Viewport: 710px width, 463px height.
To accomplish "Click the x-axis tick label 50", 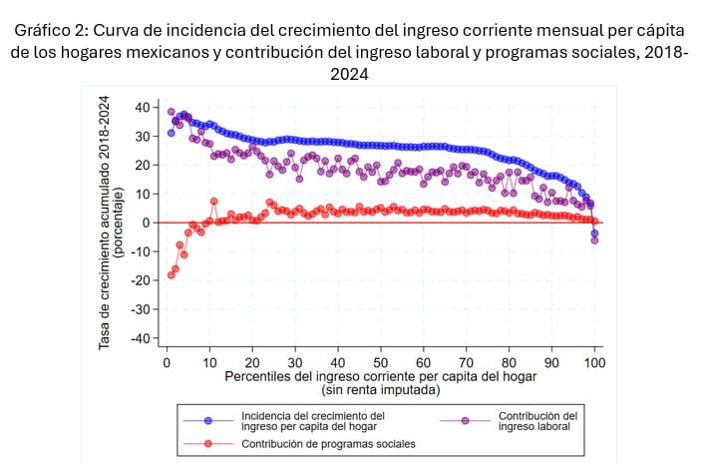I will [x=381, y=362].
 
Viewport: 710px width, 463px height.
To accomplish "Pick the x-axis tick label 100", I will [x=595, y=362].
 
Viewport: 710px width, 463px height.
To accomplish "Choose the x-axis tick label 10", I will [x=209, y=362].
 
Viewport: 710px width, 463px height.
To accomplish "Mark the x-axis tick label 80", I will [x=510, y=362].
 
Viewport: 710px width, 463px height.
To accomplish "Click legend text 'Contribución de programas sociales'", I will [x=329, y=443].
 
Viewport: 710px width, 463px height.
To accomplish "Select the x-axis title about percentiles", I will [x=381, y=377].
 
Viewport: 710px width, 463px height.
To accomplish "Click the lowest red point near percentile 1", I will [x=171, y=275].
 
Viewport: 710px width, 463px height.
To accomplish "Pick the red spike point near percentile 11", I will [x=213, y=202].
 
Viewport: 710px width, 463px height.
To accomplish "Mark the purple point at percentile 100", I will [x=595, y=240].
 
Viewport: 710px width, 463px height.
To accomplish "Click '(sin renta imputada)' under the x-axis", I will [x=381, y=390].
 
